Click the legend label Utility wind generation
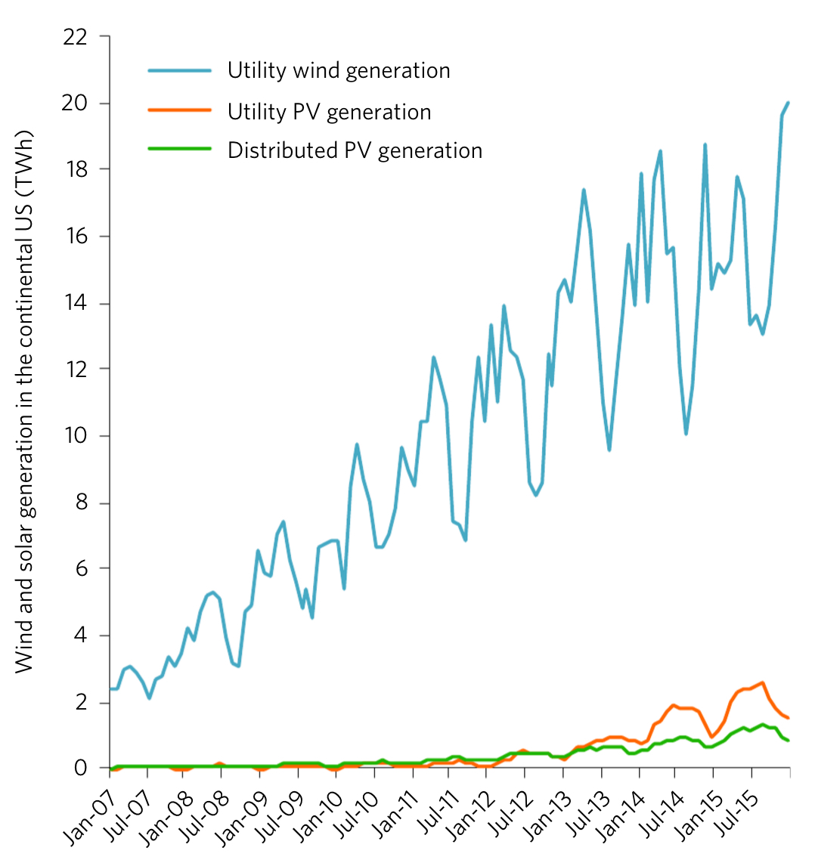[339, 71]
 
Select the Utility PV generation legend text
[329, 112]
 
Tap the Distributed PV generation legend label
[355, 150]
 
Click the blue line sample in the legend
[179, 70]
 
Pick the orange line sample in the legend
[179, 111]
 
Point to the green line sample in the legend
[179, 149]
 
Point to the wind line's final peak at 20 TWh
[788, 103]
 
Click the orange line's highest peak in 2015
[762, 683]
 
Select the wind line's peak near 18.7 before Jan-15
[705, 145]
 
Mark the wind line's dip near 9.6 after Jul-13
[609, 450]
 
